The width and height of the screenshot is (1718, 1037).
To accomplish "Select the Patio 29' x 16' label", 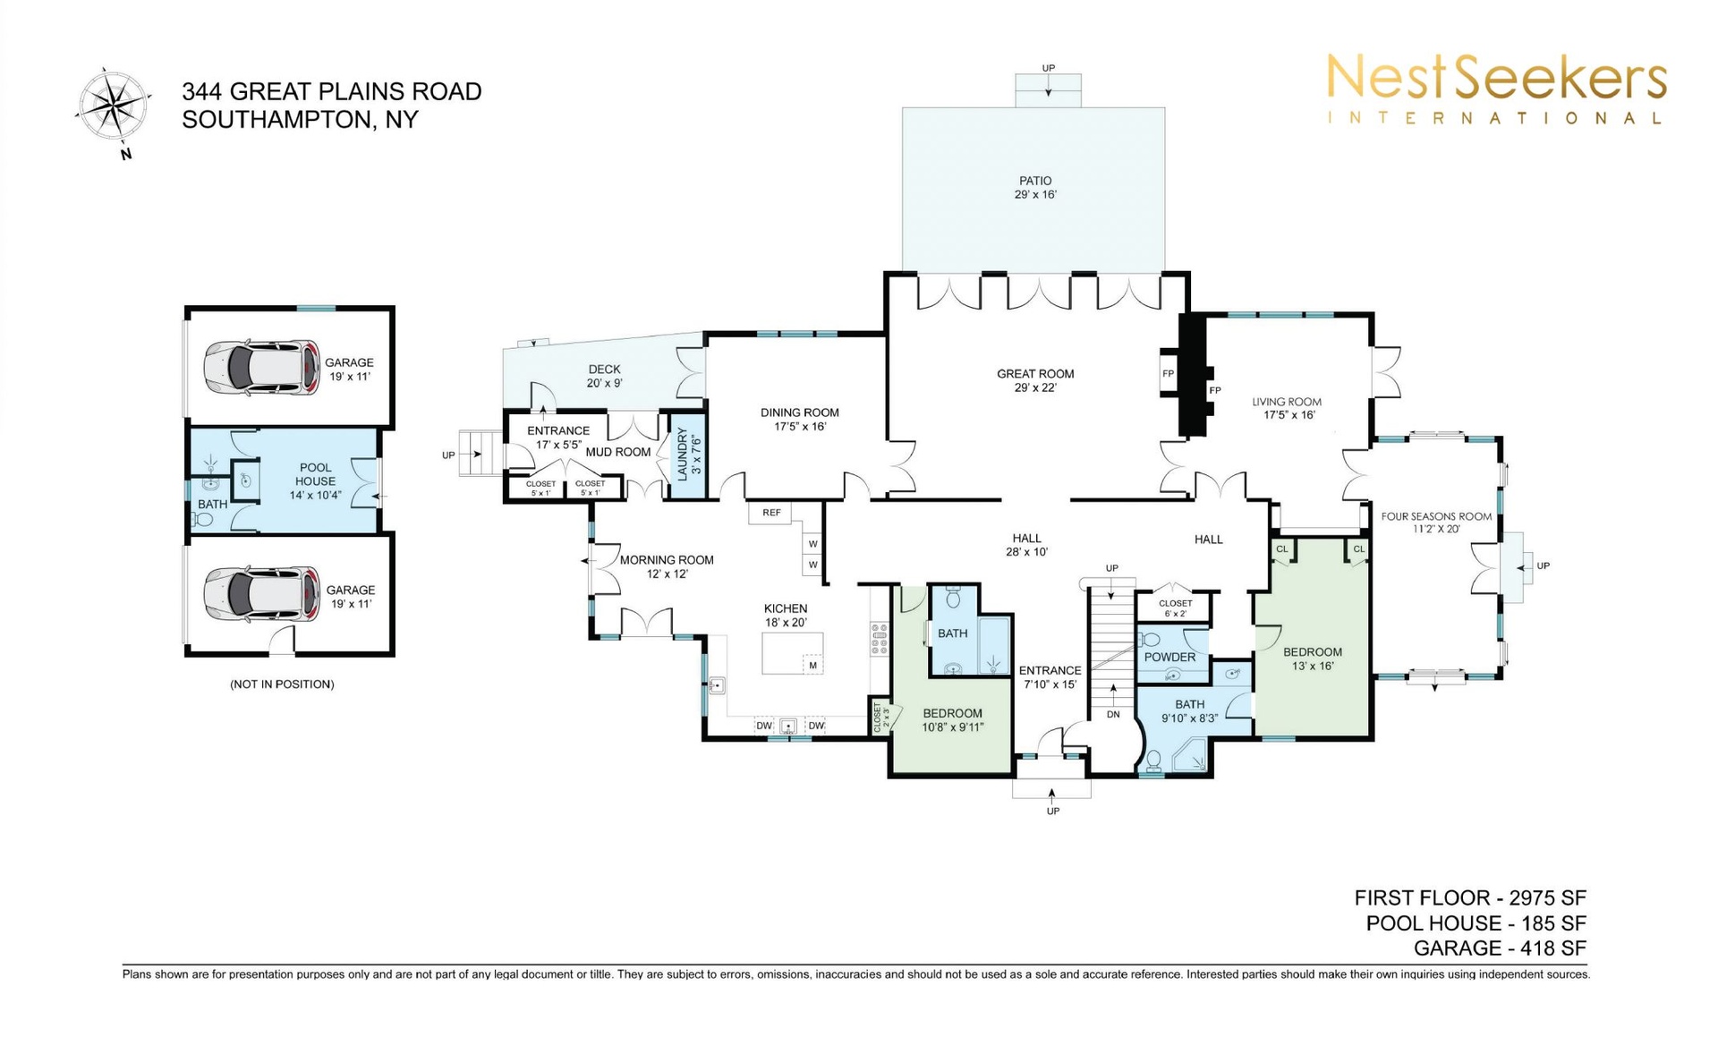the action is [x=1035, y=187].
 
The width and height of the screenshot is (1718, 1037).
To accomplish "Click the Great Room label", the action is [x=1035, y=380].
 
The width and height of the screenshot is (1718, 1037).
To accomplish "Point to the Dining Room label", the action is [x=800, y=420].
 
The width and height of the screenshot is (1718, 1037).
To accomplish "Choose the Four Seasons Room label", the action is [x=1436, y=523].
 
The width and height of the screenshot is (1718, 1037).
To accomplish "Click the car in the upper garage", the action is [x=261, y=367].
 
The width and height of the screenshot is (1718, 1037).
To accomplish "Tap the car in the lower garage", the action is [x=261, y=593].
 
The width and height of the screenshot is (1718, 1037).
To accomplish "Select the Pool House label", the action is [x=315, y=480].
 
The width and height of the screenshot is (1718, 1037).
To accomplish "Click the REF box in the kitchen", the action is [x=771, y=513].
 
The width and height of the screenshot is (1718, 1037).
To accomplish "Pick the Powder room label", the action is [x=1169, y=657].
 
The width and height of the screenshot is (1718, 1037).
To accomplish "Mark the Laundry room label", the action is [x=689, y=454].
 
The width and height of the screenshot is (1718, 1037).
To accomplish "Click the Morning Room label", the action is [x=667, y=566].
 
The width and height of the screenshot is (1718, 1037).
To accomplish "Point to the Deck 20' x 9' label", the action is [x=604, y=376].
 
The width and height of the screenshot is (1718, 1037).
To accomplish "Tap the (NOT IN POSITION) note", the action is [x=282, y=684].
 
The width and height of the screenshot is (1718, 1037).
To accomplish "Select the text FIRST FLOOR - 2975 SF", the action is [x=1470, y=897].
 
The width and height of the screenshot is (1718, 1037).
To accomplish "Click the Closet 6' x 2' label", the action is [x=1175, y=608].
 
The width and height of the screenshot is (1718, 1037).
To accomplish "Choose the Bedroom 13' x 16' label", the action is [x=1313, y=659].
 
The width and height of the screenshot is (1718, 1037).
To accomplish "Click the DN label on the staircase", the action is [x=1113, y=714].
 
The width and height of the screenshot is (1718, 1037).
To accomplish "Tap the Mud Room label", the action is [x=617, y=452].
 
